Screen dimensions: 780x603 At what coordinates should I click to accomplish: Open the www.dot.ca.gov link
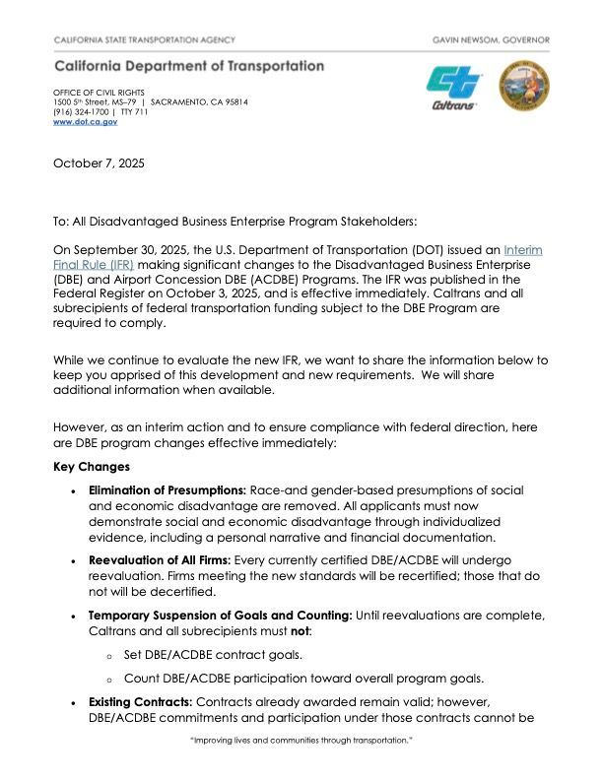85,121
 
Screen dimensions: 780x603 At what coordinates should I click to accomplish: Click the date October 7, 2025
99,163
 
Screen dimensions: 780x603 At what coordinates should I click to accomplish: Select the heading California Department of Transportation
189,66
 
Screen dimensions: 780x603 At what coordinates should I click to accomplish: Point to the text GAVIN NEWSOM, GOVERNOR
491,39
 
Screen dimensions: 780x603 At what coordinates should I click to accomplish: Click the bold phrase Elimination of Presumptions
167,490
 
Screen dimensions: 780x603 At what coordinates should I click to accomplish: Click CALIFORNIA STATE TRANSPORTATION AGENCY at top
144,39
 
